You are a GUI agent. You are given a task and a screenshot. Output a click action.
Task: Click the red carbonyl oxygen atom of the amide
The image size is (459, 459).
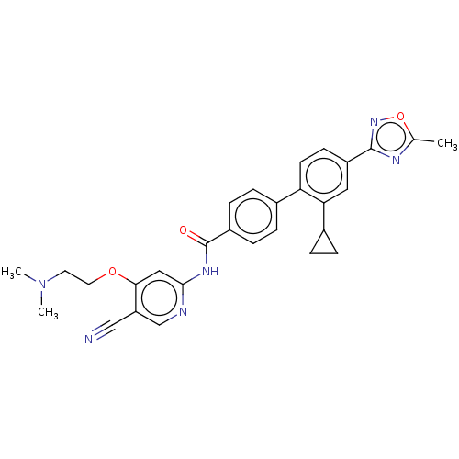point(183,230)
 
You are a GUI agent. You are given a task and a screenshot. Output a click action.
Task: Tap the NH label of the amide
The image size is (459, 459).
point(210,271)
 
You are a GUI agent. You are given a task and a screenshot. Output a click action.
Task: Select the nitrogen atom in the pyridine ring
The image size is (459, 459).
point(183,312)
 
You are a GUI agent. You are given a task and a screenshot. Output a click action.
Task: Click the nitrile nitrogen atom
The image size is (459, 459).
point(88,339)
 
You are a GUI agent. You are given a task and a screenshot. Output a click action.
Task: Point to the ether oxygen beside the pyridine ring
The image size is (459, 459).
point(112,271)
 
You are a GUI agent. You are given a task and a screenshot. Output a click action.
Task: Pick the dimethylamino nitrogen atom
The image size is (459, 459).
point(41,285)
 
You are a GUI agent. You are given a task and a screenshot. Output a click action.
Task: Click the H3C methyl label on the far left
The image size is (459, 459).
point(12,272)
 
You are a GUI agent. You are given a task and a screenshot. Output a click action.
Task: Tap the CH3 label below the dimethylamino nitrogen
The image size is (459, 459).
point(48,312)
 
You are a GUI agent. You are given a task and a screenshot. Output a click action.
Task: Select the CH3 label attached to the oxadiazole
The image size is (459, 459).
point(447,142)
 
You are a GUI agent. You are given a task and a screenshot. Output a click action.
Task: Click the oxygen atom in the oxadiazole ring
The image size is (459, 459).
point(400,117)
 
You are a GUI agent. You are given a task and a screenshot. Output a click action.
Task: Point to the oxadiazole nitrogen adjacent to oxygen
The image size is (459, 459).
point(374,121)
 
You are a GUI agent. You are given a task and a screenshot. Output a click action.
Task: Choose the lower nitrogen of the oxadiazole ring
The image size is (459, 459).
point(396,161)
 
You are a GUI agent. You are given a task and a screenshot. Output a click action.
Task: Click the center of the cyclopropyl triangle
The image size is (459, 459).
point(324,246)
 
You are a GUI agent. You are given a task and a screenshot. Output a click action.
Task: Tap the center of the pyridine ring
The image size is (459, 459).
point(159,297)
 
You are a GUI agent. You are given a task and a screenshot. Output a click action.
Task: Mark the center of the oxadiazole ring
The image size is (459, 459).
point(391,138)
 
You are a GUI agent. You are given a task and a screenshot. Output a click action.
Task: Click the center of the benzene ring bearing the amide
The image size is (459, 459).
point(253,217)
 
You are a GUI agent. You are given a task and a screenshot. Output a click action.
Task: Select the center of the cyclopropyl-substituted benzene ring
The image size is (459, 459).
point(324,175)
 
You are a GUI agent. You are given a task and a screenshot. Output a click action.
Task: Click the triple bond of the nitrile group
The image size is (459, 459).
point(104,330)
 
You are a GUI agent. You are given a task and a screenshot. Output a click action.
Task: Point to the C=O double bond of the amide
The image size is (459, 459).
point(196,238)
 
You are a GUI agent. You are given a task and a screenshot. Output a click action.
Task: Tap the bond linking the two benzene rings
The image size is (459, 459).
point(288,196)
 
